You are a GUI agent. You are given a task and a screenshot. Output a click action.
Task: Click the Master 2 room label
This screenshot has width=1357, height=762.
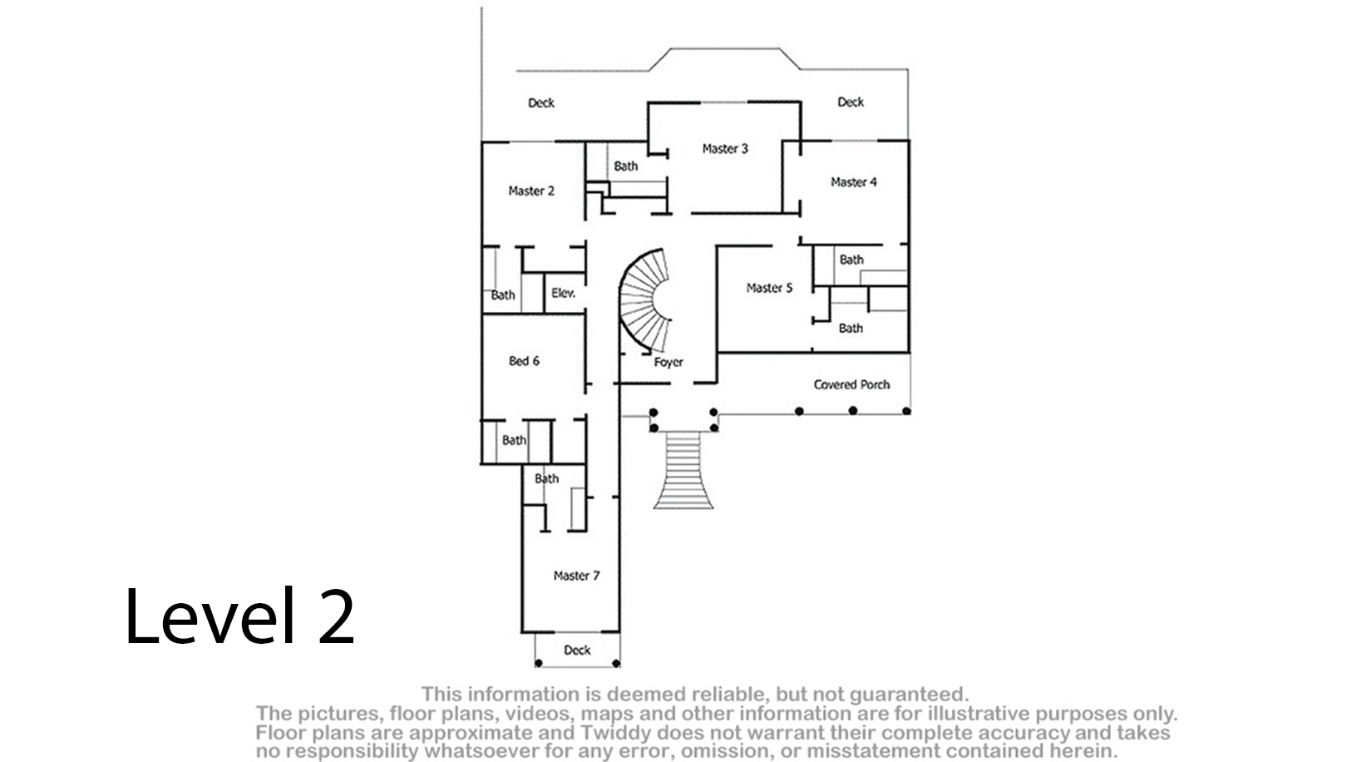click(531, 191)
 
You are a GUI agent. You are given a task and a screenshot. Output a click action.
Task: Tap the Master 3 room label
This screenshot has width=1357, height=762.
click(725, 149)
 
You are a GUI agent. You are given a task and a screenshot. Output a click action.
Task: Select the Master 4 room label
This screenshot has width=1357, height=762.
click(854, 182)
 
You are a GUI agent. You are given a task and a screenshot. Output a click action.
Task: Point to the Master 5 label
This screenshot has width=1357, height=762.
click(769, 288)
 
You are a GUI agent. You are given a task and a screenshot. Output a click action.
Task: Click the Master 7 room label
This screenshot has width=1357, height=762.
click(577, 576)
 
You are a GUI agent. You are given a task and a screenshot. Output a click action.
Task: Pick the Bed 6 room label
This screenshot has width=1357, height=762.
click(524, 361)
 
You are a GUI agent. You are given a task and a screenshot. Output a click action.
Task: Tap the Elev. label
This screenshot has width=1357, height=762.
click(563, 294)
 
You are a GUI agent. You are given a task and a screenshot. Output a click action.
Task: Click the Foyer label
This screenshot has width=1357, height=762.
click(669, 363)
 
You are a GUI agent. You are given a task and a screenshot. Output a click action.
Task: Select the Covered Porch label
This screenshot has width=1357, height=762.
click(851, 384)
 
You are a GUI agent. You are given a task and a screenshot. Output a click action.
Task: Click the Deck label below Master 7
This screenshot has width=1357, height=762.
click(577, 651)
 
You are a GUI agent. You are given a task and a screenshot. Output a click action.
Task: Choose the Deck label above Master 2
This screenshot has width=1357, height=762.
click(541, 103)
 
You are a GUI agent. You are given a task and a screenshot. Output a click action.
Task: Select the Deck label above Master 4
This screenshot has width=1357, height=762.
click(851, 101)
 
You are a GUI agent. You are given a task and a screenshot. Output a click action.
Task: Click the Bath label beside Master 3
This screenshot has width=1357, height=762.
click(626, 166)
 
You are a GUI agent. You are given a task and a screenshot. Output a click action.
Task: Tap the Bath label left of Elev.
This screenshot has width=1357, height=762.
click(503, 295)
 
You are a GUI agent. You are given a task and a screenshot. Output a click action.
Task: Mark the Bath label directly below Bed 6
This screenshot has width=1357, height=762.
click(515, 440)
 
